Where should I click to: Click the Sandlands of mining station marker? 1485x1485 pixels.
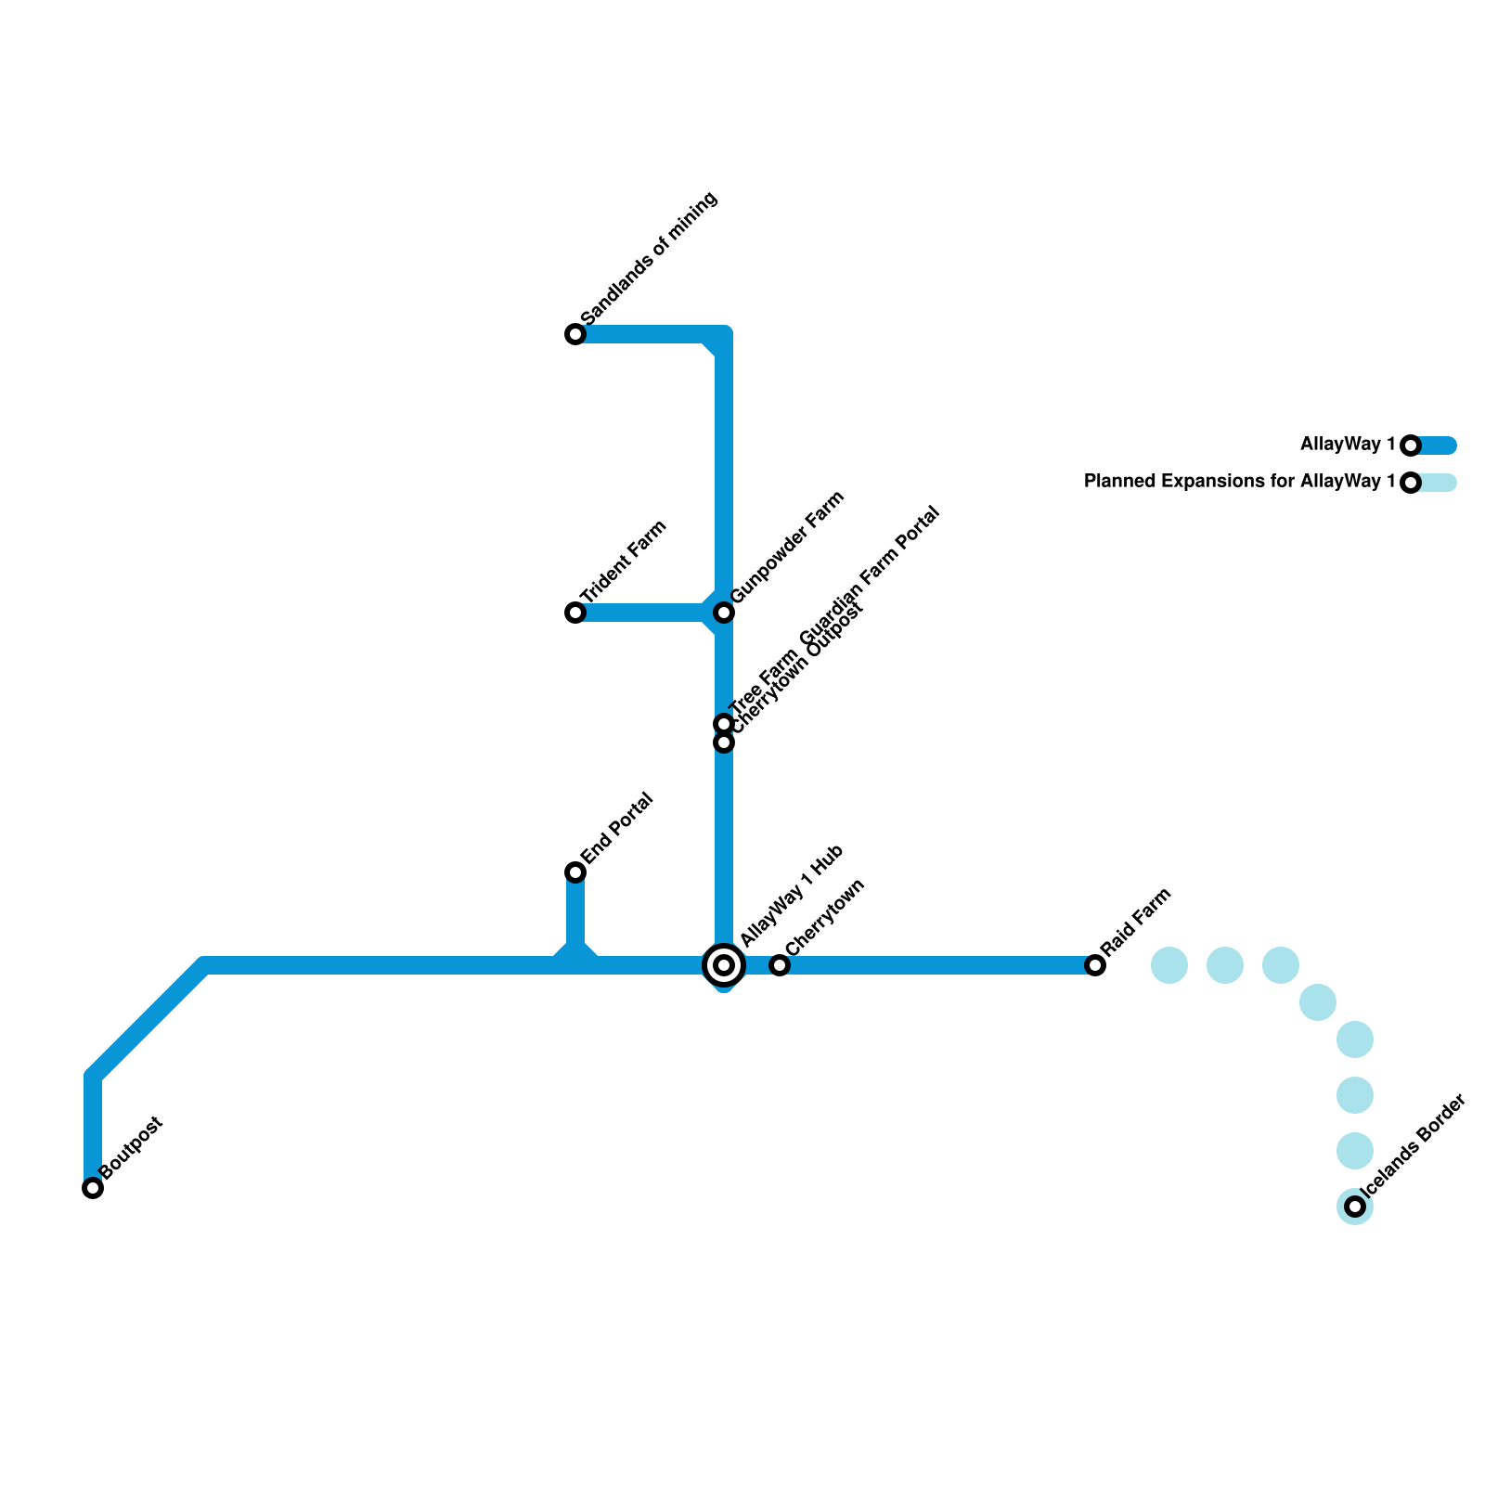(x=575, y=334)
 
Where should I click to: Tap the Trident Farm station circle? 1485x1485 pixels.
(x=575, y=613)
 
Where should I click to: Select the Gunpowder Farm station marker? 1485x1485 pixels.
(x=724, y=613)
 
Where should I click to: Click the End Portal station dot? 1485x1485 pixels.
(x=575, y=872)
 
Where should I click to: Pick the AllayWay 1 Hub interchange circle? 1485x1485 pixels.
(x=724, y=965)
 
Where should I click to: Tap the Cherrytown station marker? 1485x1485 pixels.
(x=780, y=965)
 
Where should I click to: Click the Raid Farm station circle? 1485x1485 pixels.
(x=1095, y=965)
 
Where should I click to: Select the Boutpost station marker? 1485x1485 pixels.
(x=93, y=1188)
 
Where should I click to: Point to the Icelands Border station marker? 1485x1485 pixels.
(x=1355, y=1207)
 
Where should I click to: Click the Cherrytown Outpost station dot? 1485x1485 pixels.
(x=724, y=742)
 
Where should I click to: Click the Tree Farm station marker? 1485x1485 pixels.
(x=724, y=723)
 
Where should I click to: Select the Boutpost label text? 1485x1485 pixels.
(x=132, y=1148)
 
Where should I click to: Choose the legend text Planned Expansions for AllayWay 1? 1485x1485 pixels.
(x=1239, y=482)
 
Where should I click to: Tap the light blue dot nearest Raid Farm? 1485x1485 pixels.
(x=1169, y=965)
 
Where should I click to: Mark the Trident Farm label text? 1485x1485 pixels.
(x=625, y=562)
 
